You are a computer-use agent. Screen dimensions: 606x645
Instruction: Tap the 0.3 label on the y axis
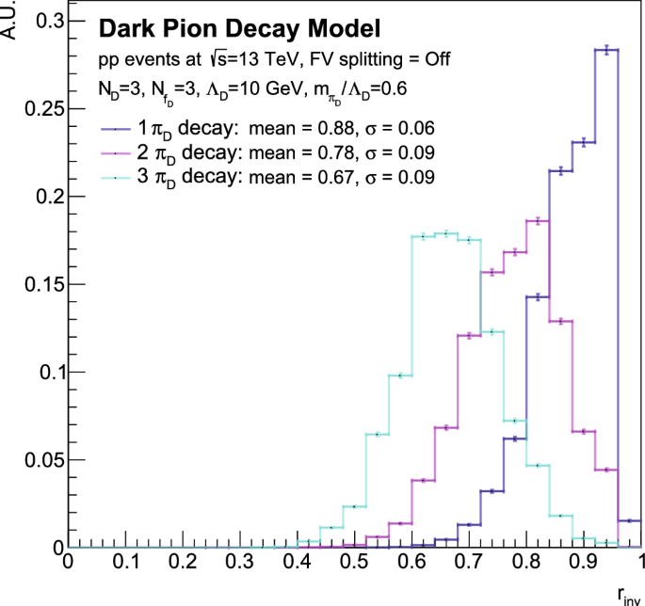(44, 20)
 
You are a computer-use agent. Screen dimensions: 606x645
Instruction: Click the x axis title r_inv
(625, 594)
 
